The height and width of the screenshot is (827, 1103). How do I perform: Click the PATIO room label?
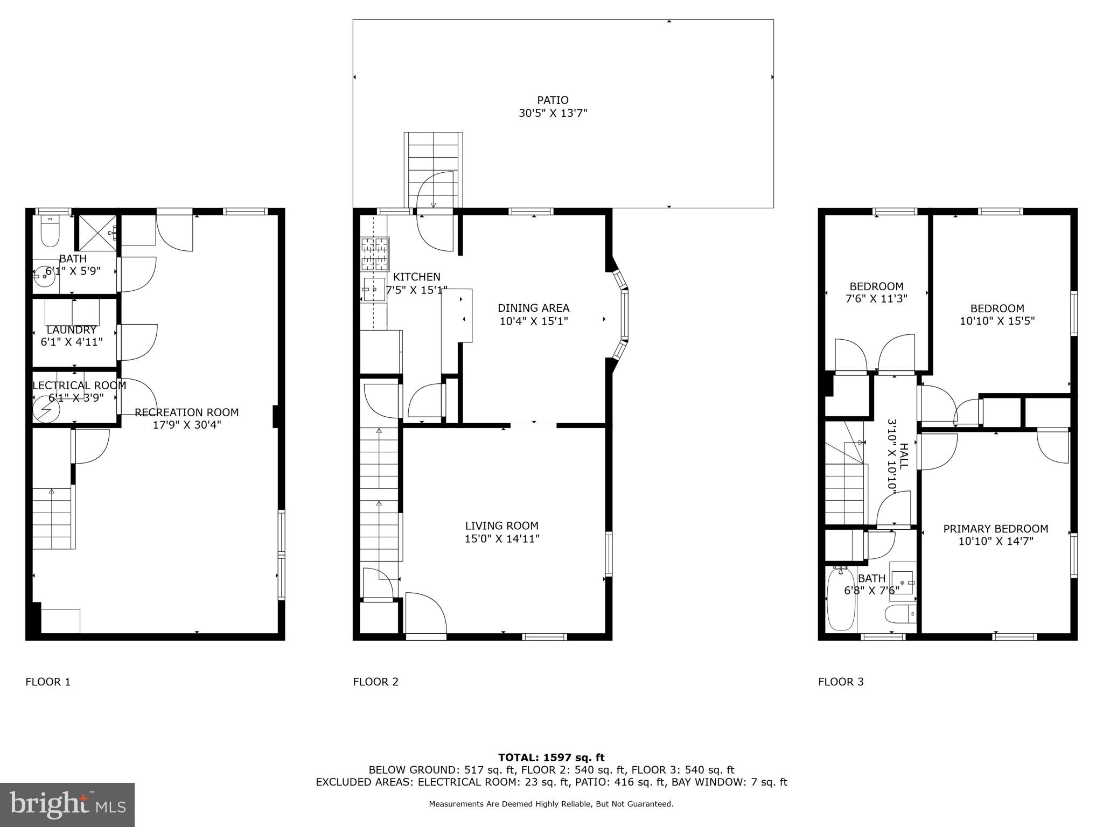pos(553,100)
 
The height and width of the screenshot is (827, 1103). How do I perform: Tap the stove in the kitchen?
pos(375,254)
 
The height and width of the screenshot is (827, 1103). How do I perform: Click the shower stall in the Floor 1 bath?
pos(96,233)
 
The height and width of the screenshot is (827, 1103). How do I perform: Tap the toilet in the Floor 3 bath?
pos(900,613)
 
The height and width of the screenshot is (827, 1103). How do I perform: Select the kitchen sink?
pos(373,289)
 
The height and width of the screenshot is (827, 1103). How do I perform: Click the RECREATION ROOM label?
pos(186,412)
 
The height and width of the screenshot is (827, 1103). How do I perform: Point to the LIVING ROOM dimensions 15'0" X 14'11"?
pos(502,538)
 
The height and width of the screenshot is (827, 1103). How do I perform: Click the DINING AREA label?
pos(533,308)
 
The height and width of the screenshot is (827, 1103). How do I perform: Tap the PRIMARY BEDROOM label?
pos(995,529)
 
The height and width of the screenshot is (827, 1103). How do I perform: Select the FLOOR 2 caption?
pos(375,682)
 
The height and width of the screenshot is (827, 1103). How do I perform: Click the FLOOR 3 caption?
pos(841,682)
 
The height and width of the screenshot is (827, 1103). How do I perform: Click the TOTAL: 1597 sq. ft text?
pos(551,758)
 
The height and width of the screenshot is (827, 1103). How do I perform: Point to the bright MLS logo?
pos(67,804)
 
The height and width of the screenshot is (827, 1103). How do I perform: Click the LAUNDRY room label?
pos(71,330)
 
